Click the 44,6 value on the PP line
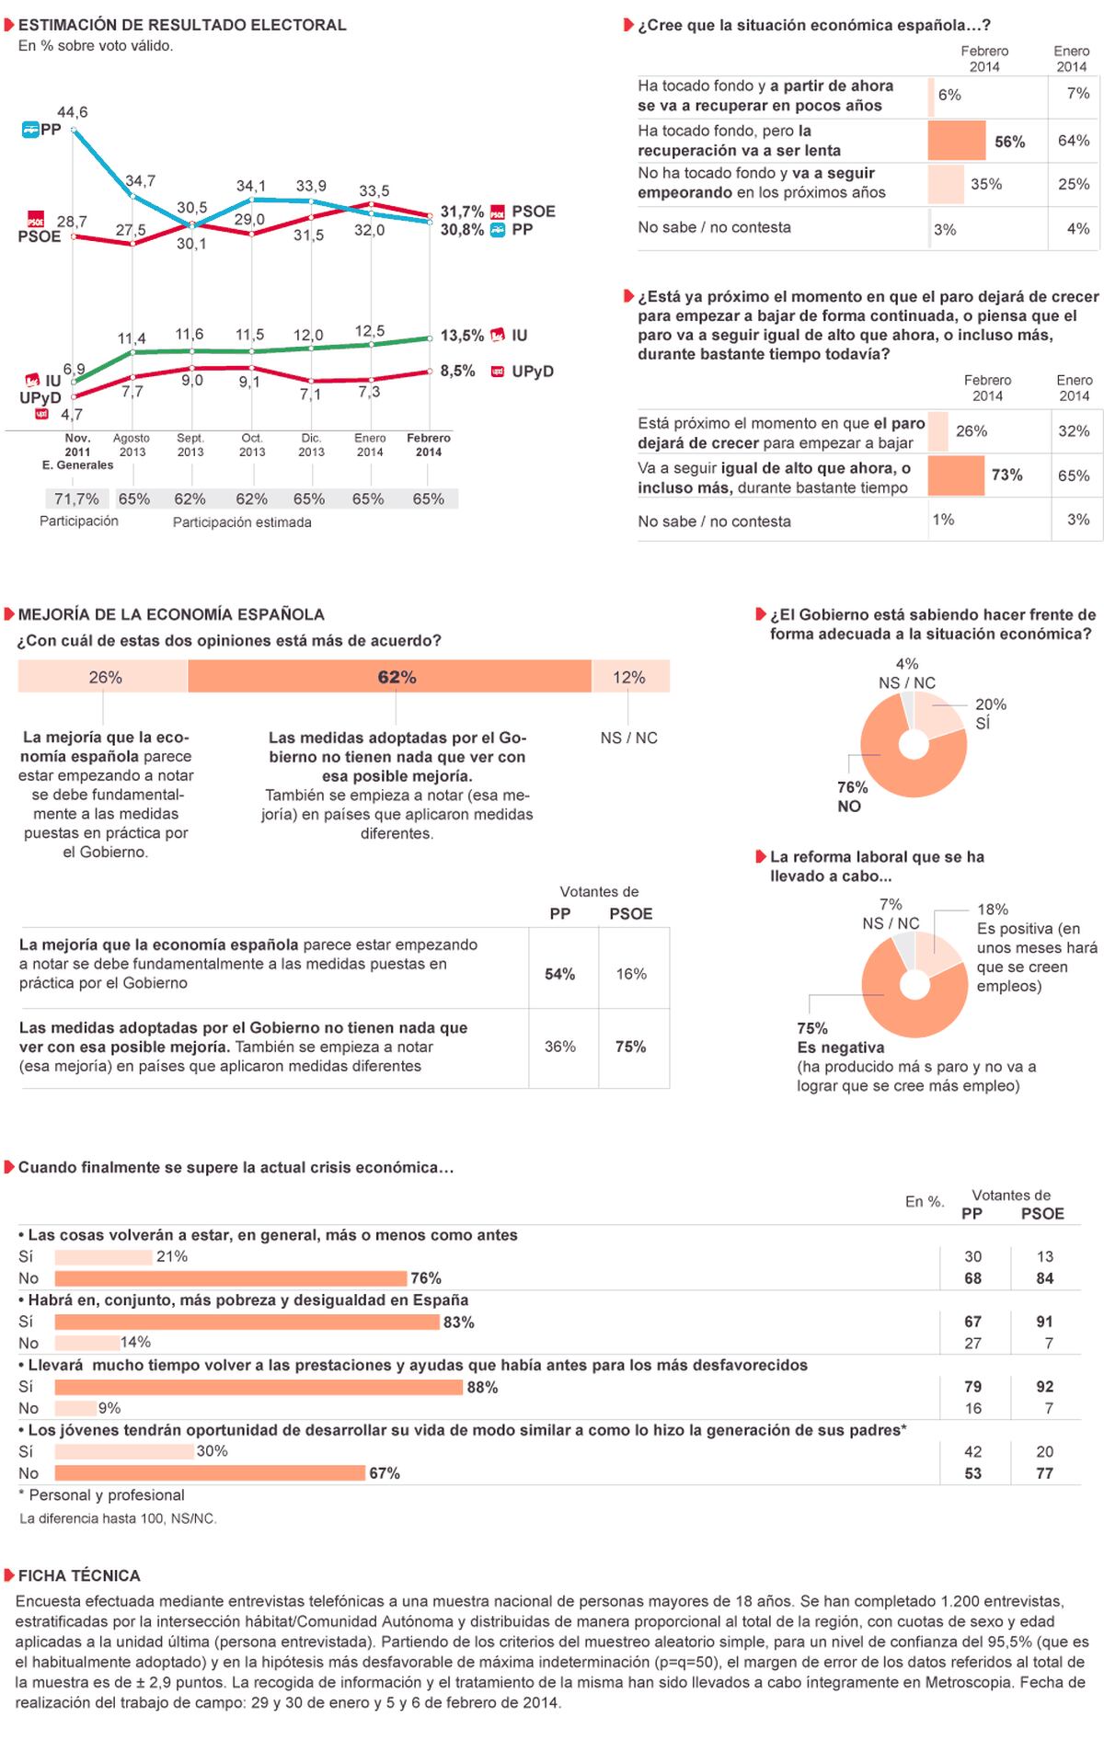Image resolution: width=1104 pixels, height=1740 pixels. point(73,112)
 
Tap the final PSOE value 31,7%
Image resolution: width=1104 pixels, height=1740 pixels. point(462,212)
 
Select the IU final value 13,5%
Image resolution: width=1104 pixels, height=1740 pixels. point(462,336)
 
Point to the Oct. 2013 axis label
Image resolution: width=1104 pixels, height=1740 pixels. point(251,445)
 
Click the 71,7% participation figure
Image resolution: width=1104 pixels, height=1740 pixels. point(76,498)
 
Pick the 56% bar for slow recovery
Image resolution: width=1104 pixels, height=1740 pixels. point(957,141)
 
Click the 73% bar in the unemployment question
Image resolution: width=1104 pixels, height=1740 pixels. point(956,475)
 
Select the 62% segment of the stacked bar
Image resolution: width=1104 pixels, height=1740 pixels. point(390,677)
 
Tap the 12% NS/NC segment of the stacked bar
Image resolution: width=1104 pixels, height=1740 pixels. point(630,677)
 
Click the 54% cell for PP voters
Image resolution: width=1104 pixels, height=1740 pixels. point(560,974)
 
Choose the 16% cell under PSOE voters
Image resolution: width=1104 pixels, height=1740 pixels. point(631,974)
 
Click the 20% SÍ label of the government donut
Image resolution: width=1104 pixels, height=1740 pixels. point(991,714)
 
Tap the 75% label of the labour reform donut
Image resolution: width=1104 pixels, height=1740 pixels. point(812,1028)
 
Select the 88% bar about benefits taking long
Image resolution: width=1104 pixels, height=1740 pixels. point(259,1387)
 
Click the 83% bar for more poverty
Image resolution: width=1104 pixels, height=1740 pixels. point(247,1322)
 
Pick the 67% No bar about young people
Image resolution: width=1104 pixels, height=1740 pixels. point(210,1473)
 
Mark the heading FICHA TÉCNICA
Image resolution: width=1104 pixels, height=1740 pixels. point(79,1575)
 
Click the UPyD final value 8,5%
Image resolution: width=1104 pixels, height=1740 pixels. point(458,372)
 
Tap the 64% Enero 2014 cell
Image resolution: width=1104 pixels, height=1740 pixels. point(1074,141)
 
